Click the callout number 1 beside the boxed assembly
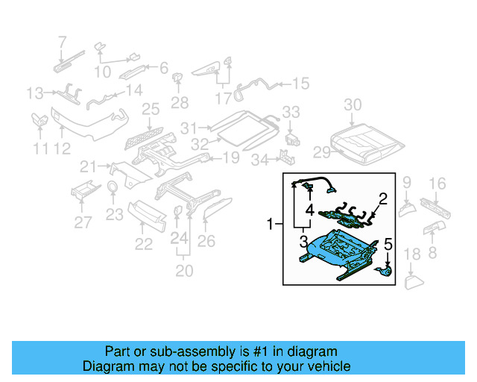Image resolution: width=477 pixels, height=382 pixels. pos(270,223)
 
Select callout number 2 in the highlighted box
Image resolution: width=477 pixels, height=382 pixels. pos(383,198)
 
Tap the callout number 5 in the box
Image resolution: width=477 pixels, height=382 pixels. pos(388,244)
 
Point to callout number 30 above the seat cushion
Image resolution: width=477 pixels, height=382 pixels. pos(353,104)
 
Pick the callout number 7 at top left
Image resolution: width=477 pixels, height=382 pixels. pos(62,42)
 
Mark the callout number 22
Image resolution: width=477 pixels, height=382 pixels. pos(143,243)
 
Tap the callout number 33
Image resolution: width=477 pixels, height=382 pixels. pos(291,112)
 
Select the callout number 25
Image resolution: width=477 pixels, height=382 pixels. pos(151,110)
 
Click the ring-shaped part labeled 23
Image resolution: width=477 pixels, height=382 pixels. pos(112,187)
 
